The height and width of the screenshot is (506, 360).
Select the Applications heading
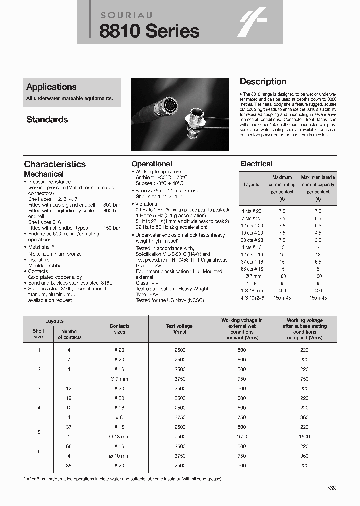pyautogui.click(x=51, y=87)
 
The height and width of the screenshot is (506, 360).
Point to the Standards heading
pyautogui.click(x=47, y=120)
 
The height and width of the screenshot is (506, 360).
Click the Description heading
pyautogui.click(x=263, y=82)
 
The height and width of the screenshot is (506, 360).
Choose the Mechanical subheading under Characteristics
pyautogui.click(x=44, y=174)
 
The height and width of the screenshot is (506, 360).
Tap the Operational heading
pyautogui.click(x=152, y=164)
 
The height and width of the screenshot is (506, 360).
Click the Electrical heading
pyautogui.click(x=256, y=164)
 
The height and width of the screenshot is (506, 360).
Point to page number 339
pyautogui.click(x=331, y=488)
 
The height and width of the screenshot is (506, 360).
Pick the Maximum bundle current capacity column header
pyautogui.click(x=318, y=184)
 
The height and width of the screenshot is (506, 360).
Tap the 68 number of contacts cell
pyautogui.click(x=69, y=446)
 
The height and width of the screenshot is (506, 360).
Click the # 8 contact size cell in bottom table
pyautogui.click(x=119, y=417)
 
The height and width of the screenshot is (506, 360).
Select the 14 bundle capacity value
pyautogui.click(x=318, y=247)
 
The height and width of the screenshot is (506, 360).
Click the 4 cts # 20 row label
pyautogui.click(x=251, y=211)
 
